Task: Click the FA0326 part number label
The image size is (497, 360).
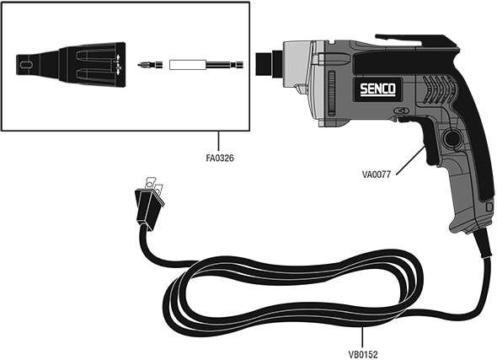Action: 220,158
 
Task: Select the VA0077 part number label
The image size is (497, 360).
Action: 377,175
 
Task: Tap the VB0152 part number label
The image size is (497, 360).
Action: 363,354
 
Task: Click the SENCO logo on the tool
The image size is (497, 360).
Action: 378,89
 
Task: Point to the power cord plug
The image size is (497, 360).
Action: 149,203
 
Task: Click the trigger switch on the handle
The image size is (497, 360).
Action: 430,141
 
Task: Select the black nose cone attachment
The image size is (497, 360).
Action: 71,65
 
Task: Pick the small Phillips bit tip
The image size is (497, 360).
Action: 150,65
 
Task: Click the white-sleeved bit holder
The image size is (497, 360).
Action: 206,65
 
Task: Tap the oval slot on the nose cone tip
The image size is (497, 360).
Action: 26,64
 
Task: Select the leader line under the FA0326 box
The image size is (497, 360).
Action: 219,142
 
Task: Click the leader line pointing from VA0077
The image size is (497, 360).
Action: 410,160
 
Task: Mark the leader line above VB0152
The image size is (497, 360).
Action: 362,338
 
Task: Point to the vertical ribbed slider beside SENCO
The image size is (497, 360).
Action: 332,93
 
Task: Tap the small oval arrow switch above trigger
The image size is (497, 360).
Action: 401,110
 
